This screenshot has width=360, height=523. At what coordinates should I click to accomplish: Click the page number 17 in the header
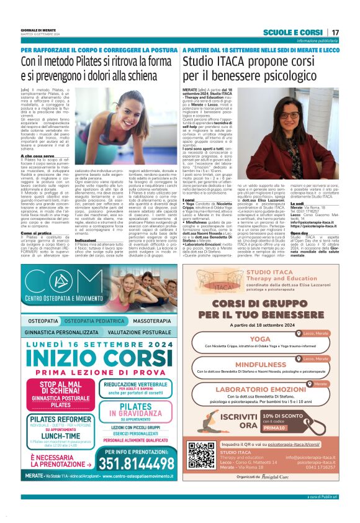point(335,32)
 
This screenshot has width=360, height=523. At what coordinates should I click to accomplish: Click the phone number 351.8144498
point(134,464)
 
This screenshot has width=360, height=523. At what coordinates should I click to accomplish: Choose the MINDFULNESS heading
point(260,365)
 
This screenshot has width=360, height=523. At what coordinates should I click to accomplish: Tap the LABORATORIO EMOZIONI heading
point(260,389)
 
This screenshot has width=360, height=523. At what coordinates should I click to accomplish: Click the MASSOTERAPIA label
point(147,321)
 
